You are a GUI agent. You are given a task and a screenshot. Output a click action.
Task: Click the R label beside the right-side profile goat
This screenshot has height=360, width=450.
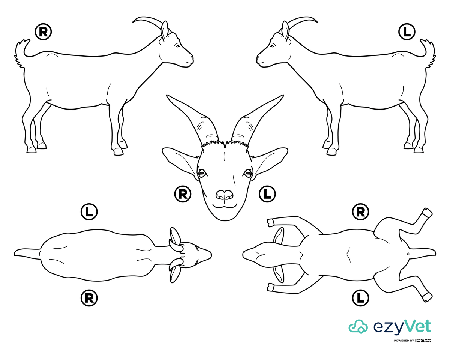[x=43, y=32]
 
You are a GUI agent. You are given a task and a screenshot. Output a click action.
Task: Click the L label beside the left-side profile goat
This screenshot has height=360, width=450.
[x=407, y=32]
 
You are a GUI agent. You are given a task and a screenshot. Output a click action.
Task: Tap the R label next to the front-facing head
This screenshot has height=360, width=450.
[x=183, y=194]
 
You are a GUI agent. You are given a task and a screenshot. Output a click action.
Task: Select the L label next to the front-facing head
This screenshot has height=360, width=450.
[x=267, y=194]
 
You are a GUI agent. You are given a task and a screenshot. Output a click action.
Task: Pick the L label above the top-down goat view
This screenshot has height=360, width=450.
[x=89, y=212]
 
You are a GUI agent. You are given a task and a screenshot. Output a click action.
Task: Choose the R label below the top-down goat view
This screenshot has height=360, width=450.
[x=89, y=298]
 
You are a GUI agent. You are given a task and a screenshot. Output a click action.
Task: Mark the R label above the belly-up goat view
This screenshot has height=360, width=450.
[x=360, y=212]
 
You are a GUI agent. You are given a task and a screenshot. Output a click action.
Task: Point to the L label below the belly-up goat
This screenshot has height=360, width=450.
[x=360, y=298]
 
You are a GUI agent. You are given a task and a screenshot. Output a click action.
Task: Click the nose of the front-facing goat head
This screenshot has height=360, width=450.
[x=224, y=195]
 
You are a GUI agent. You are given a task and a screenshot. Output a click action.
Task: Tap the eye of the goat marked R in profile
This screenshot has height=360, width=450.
[x=177, y=45]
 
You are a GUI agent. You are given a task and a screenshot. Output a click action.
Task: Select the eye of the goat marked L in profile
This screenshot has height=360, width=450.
[x=273, y=45]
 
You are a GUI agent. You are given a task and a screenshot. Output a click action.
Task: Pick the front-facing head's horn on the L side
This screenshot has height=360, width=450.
[x=255, y=116]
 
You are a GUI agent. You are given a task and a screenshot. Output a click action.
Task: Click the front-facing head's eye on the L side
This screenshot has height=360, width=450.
[x=247, y=173]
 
